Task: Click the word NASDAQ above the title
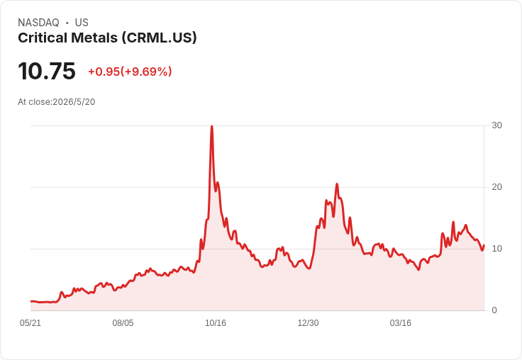click(38, 23)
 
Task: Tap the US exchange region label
click(82, 23)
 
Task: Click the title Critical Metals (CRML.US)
click(107, 38)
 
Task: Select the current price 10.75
click(47, 71)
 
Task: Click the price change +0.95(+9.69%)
click(130, 72)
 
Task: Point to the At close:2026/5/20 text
click(57, 102)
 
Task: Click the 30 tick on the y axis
click(496, 125)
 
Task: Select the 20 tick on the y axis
click(496, 187)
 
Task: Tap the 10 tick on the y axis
click(496, 249)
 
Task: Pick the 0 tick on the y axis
click(494, 310)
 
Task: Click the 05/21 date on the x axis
click(30, 322)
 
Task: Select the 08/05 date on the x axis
click(123, 322)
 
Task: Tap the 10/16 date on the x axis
click(216, 322)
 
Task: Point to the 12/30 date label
click(308, 322)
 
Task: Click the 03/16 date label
click(401, 322)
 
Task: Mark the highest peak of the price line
click(212, 126)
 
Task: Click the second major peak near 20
click(337, 184)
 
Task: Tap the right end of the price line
click(484, 245)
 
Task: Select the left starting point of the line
click(31, 301)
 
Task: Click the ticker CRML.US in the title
click(159, 38)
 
